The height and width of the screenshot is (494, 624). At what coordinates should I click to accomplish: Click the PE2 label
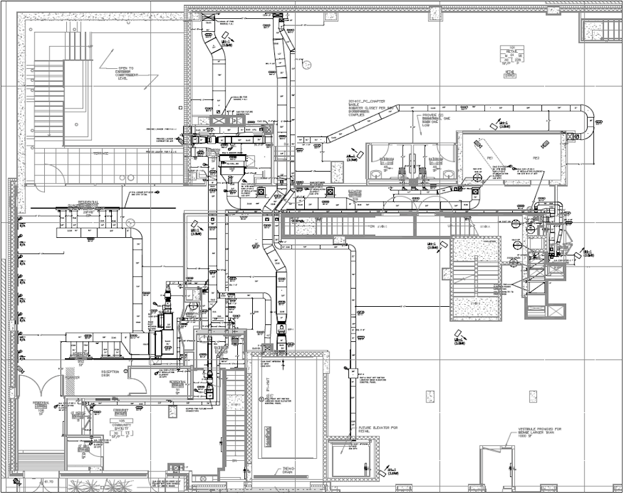[x=536, y=158]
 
